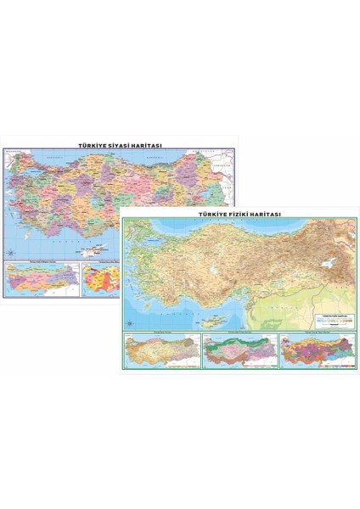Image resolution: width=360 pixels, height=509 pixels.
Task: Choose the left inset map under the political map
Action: [42, 277]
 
